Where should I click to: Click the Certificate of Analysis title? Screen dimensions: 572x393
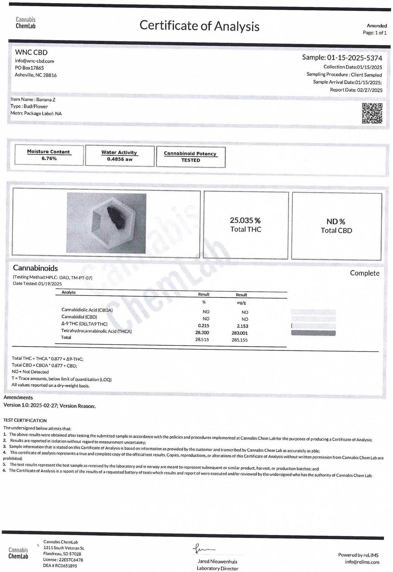coord(199,26)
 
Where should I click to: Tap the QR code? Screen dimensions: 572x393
coord(372,113)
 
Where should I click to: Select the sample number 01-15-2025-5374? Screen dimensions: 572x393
coord(354,58)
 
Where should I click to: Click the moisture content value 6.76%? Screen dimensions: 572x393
coord(49,158)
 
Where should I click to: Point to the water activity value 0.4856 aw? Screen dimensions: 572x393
coord(120,159)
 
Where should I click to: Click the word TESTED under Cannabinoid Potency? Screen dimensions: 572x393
coord(190,160)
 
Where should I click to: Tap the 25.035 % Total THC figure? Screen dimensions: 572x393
coord(245,220)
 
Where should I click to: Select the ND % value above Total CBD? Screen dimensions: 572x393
coord(336,222)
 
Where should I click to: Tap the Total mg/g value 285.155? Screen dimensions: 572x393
coord(240,340)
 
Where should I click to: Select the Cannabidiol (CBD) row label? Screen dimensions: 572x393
coord(79,317)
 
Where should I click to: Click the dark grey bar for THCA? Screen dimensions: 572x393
coord(313,333)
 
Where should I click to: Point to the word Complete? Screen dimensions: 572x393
coord(364,273)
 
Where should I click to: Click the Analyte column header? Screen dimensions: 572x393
coord(69,292)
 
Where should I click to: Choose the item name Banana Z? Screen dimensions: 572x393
coord(46,100)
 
